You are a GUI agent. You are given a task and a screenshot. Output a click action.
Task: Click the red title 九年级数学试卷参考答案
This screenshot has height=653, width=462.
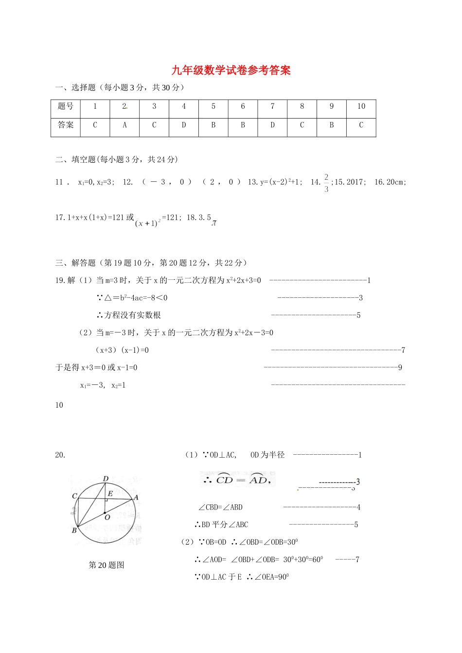(x=231, y=70)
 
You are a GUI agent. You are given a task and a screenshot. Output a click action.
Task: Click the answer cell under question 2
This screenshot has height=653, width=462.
(x=124, y=125)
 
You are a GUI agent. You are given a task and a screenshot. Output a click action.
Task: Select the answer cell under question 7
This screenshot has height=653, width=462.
(x=272, y=125)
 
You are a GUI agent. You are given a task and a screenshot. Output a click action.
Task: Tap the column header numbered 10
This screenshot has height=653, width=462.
(x=361, y=106)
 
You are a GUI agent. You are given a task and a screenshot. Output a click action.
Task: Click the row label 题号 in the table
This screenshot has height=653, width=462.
(x=66, y=106)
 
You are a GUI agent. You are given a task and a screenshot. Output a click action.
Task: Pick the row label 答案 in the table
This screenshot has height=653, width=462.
(x=66, y=125)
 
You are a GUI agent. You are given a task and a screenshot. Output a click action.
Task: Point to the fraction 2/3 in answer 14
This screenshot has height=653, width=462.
(x=326, y=183)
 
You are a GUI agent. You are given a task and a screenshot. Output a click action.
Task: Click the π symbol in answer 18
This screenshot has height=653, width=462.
(x=214, y=223)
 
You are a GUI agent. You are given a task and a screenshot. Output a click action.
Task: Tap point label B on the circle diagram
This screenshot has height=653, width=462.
(x=74, y=531)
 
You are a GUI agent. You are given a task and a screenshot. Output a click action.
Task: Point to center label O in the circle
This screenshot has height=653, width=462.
(x=107, y=517)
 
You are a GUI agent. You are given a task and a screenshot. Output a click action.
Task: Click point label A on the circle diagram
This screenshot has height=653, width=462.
(x=136, y=498)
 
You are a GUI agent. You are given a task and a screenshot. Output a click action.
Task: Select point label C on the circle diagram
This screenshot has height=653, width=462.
(x=74, y=496)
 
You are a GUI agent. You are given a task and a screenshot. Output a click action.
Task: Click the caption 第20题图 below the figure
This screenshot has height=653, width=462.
(x=107, y=565)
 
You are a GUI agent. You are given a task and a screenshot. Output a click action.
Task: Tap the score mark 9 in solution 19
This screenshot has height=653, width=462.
(x=400, y=368)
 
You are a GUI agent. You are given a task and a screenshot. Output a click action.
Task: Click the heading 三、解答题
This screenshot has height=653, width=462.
(x=75, y=263)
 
